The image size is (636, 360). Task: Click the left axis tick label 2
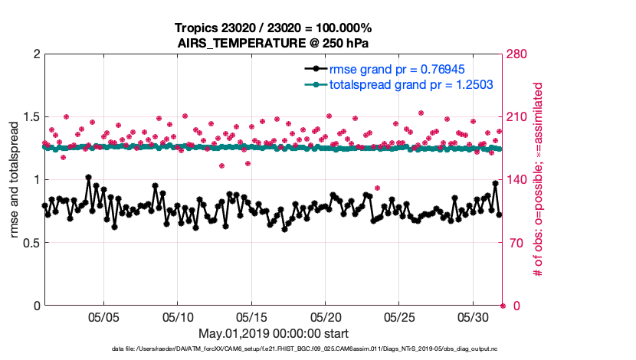tap(34, 54)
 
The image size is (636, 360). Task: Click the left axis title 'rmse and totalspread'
tap(15, 180)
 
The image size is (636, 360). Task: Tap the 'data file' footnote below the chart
tap(274, 349)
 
